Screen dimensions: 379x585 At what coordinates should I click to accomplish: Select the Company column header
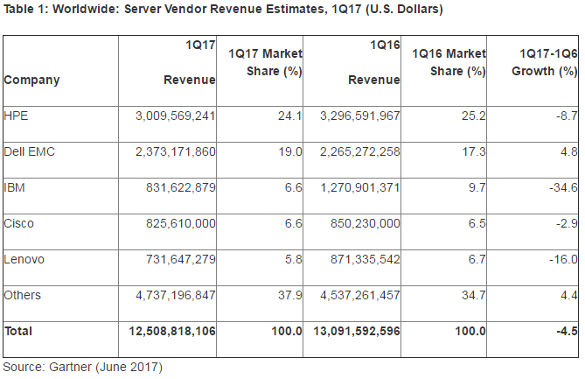[x=31, y=81]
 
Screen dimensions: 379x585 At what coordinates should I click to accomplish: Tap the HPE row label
[x=16, y=116]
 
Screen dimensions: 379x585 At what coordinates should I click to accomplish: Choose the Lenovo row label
[x=23, y=259]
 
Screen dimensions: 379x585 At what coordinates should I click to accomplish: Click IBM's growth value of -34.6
[x=560, y=187]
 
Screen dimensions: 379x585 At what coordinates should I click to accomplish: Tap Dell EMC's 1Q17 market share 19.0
[x=289, y=151]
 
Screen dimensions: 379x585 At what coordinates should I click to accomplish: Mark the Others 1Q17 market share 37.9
[x=289, y=295]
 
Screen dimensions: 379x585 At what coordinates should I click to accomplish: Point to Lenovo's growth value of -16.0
[x=560, y=259]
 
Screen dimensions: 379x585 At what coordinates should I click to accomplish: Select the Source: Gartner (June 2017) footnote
[x=82, y=366]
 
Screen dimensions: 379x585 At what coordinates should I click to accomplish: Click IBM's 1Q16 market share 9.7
[x=476, y=187]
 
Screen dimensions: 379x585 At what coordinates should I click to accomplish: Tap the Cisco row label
[x=19, y=223]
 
